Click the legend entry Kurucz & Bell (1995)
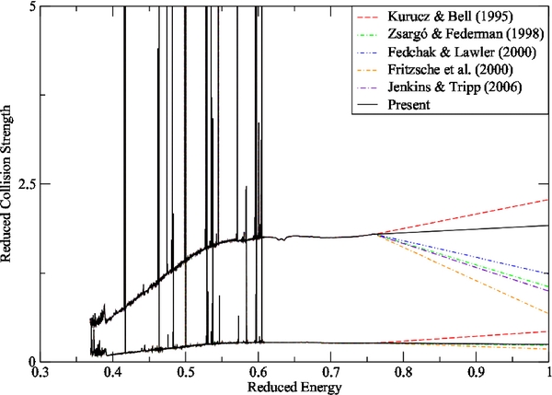pyautogui.click(x=450, y=17)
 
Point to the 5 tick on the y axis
pyautogui.click(x=29, y=6)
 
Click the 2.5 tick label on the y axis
pyautogui.click(x=25, y=184)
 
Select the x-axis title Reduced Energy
pyautogui.click(x=294, y=388)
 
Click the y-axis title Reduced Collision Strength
pyautogui.click(x=8, y=184)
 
